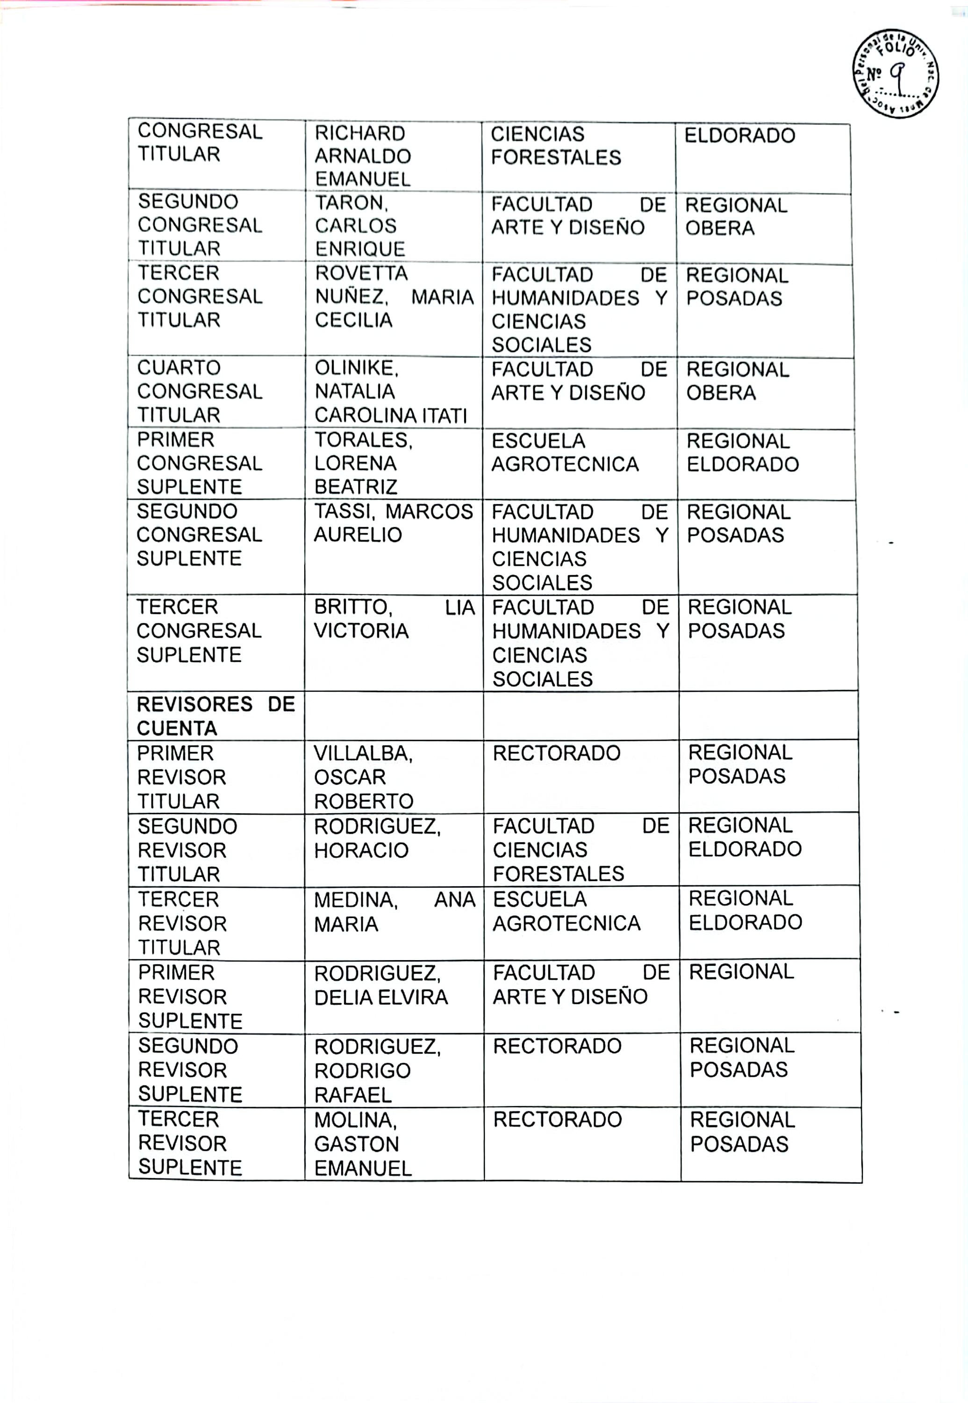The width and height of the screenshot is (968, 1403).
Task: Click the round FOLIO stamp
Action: pos(896,74)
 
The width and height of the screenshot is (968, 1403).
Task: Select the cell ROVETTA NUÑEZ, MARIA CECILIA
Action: pos(393,297)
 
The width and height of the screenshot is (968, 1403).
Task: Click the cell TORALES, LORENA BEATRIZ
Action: pos(363,463)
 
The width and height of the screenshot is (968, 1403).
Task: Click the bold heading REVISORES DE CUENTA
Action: pos(215,716)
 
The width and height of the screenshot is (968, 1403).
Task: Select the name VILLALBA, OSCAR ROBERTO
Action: pos(363,777)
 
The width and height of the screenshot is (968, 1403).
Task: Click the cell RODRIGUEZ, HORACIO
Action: pos(377,838)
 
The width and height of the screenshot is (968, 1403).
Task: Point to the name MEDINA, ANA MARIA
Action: pos(394,911)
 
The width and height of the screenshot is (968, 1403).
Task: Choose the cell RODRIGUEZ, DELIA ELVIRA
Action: pos(380,985)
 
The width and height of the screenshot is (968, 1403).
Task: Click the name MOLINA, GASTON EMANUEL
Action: pos(362,1144)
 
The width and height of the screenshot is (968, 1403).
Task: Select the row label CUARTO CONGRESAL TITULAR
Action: pos(200,391)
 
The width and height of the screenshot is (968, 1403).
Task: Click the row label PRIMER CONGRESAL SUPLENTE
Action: pos(200,463)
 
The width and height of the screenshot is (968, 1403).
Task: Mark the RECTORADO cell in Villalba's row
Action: pos(556,753)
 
